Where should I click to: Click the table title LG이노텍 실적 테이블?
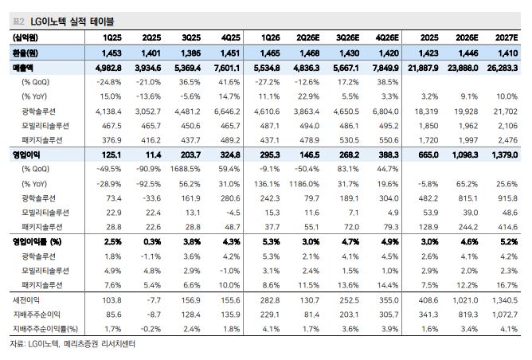coord(72,22)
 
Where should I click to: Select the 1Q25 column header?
coord(112,37)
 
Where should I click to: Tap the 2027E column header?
coord(507,37)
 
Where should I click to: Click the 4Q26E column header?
coord(388,37)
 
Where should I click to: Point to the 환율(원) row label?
coord(25,53)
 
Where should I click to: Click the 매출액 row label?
coord(23,68)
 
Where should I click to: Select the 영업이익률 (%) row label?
coord(37,241)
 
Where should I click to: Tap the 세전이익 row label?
coord(26,300)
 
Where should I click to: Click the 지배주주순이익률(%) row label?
coord(45,329)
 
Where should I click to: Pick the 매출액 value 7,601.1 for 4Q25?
coord(227,68)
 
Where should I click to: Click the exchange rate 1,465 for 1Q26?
coord(270,53)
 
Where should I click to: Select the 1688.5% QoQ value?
coord(186,169)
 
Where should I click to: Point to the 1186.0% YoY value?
coord(304,184)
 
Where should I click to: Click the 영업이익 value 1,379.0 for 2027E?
coord(505,155)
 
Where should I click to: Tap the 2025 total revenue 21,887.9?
coord(423,68)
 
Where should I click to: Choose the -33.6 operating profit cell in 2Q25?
coord(151,198)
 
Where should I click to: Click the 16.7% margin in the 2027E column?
coord(507,285)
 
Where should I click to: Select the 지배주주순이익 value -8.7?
coord(154,315)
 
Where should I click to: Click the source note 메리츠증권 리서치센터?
coord(100,344)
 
